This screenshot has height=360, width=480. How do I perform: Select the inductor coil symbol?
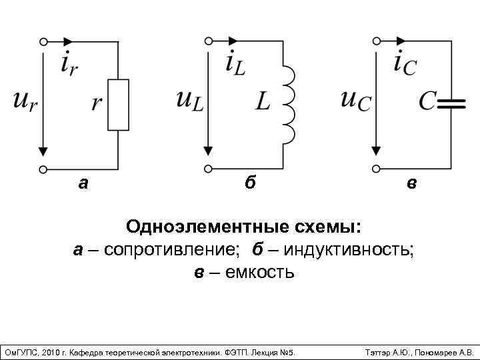coord(288,104)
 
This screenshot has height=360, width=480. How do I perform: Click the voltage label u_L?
coord(191,100)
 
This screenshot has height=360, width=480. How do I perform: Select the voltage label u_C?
coord(356,100)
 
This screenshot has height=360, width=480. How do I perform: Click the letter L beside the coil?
coord(264,101)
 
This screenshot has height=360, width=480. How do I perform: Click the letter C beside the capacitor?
coord(427,101)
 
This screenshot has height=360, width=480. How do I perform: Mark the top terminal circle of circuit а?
coord(43,41)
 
